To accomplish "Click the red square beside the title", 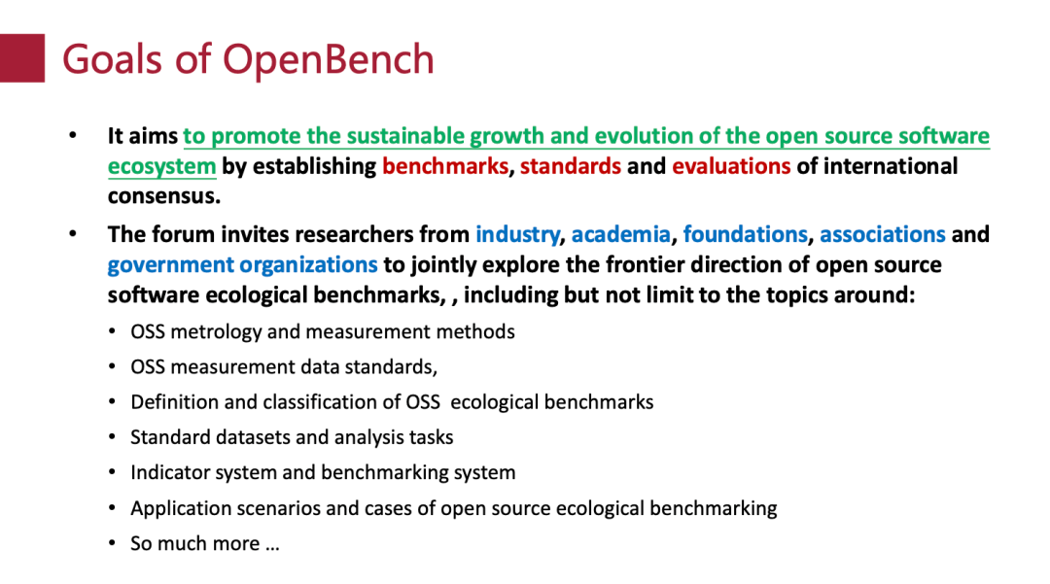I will [21, 58].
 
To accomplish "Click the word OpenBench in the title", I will [329, 59].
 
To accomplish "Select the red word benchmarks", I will [444, 166].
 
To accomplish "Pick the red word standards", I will [570, 166].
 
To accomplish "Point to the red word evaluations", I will [730, 166].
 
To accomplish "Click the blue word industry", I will [516, 235].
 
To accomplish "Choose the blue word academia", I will [620, 235].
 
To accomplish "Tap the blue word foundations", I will [745, 235].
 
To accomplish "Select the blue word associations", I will [882, 235].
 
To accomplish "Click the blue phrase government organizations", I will [242, 265].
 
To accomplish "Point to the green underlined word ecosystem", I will [161, 166].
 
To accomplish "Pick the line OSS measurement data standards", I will [284, 367].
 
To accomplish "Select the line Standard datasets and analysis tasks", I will [292, 438].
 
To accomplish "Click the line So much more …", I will [204, 544].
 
